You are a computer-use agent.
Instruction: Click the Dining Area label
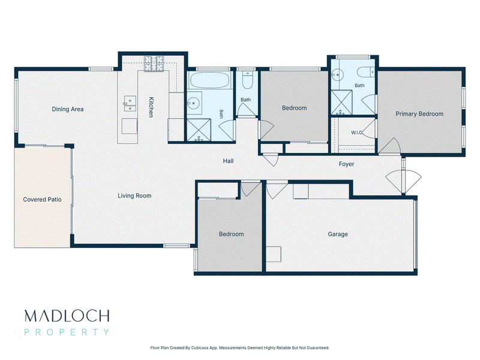tap(68, 109)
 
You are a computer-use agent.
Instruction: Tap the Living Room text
tap(134, 196)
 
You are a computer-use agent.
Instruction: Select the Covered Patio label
tap(42, 200)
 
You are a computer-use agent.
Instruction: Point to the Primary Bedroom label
tap(419, 114)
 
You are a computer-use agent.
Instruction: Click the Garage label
tap(338, 234)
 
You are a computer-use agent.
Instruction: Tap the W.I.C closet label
tap(356, 133)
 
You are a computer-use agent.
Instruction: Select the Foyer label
tap(346, 164)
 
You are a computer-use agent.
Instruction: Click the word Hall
tap(228, 161)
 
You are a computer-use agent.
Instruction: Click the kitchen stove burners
tap(154, 64)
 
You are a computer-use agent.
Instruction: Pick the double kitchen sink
tap(130, 103)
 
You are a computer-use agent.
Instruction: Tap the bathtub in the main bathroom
tap(210, 80)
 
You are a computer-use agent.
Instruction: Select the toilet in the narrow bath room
tap(247, 80)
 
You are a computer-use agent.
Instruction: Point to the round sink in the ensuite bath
tap(336, 74)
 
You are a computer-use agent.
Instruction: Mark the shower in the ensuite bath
tap(341, 102)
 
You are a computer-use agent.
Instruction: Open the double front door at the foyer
tap(403, 178)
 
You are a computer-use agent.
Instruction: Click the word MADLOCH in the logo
tap(67, 316)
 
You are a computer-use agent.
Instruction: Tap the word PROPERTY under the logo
tap(67, 332)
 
